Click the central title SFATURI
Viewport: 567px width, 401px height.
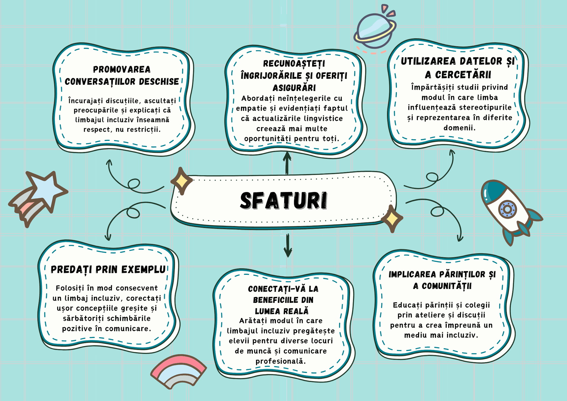pos(283,201)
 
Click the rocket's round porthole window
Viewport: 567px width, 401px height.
pos(507,209)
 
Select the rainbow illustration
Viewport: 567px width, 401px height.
pos(179,371)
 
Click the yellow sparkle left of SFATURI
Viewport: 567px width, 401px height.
pos(182,181)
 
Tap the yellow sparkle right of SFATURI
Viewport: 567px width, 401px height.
pos(392,219)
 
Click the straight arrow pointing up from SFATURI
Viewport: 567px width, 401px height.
pos(287,163)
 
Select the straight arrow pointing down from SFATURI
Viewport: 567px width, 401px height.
pos(288,245)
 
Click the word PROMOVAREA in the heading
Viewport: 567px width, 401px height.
pos(122,69)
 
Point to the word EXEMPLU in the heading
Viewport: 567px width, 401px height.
pos(144,270)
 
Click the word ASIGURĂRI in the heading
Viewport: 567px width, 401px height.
pos(294,88)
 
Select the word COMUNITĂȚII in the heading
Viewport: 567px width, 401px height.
pos(447,286)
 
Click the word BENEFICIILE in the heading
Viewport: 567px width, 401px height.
pos(283,300)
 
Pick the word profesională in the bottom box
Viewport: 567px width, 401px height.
pos(281,361)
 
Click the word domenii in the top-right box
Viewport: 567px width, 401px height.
pos(460,128)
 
